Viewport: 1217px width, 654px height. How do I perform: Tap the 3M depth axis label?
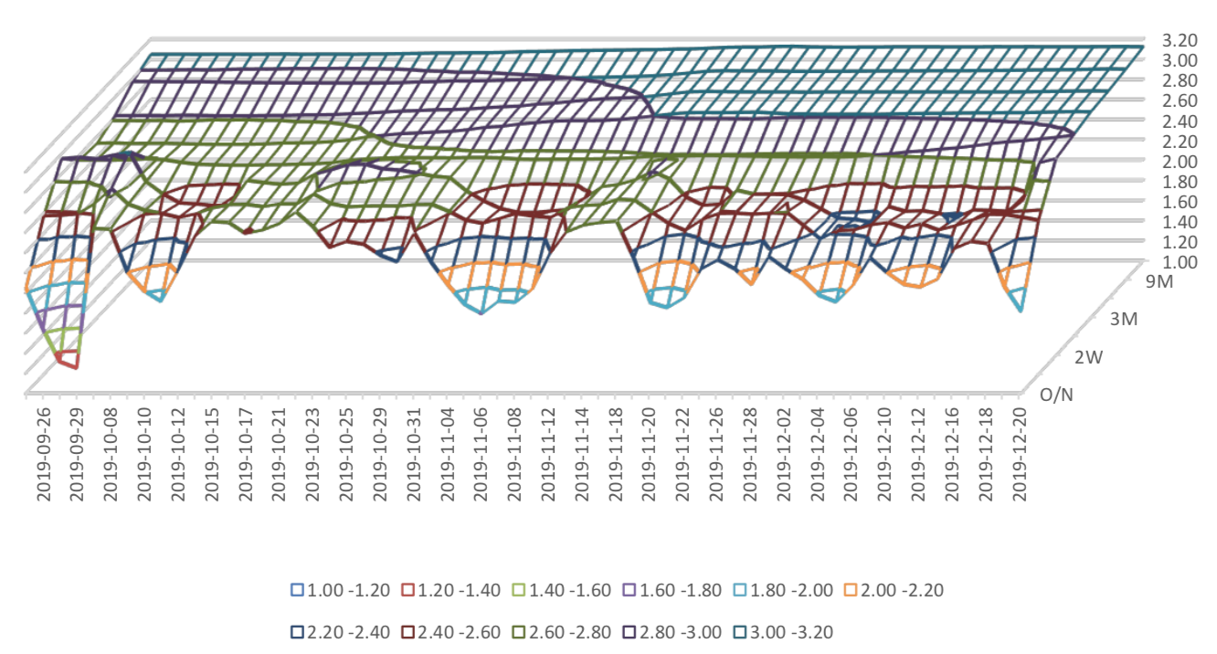pos(1120,319)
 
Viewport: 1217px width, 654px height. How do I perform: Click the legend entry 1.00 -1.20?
pos(338,590)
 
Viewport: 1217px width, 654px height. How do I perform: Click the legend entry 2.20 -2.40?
pos(338,632)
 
